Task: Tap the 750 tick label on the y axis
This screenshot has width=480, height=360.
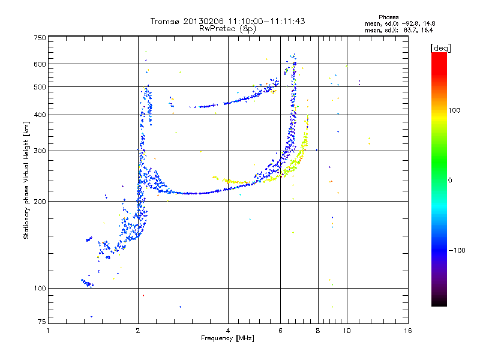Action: coord(40,38)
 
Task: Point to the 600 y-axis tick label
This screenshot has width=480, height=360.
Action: coord(40,64)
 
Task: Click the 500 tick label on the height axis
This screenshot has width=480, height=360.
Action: coord(40,87)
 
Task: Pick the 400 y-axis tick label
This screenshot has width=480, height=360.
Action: coord(40,115)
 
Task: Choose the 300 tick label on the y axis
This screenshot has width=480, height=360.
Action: coord(40,151)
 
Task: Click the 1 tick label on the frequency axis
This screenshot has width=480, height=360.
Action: coord(49,331)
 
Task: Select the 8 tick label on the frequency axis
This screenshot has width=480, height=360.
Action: coord(318,331)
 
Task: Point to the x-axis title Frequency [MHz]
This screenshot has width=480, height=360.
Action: coord(227,338)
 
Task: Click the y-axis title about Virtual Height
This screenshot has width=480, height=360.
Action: coord(26,180)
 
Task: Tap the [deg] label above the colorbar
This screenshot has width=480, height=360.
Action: coord(440,47)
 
